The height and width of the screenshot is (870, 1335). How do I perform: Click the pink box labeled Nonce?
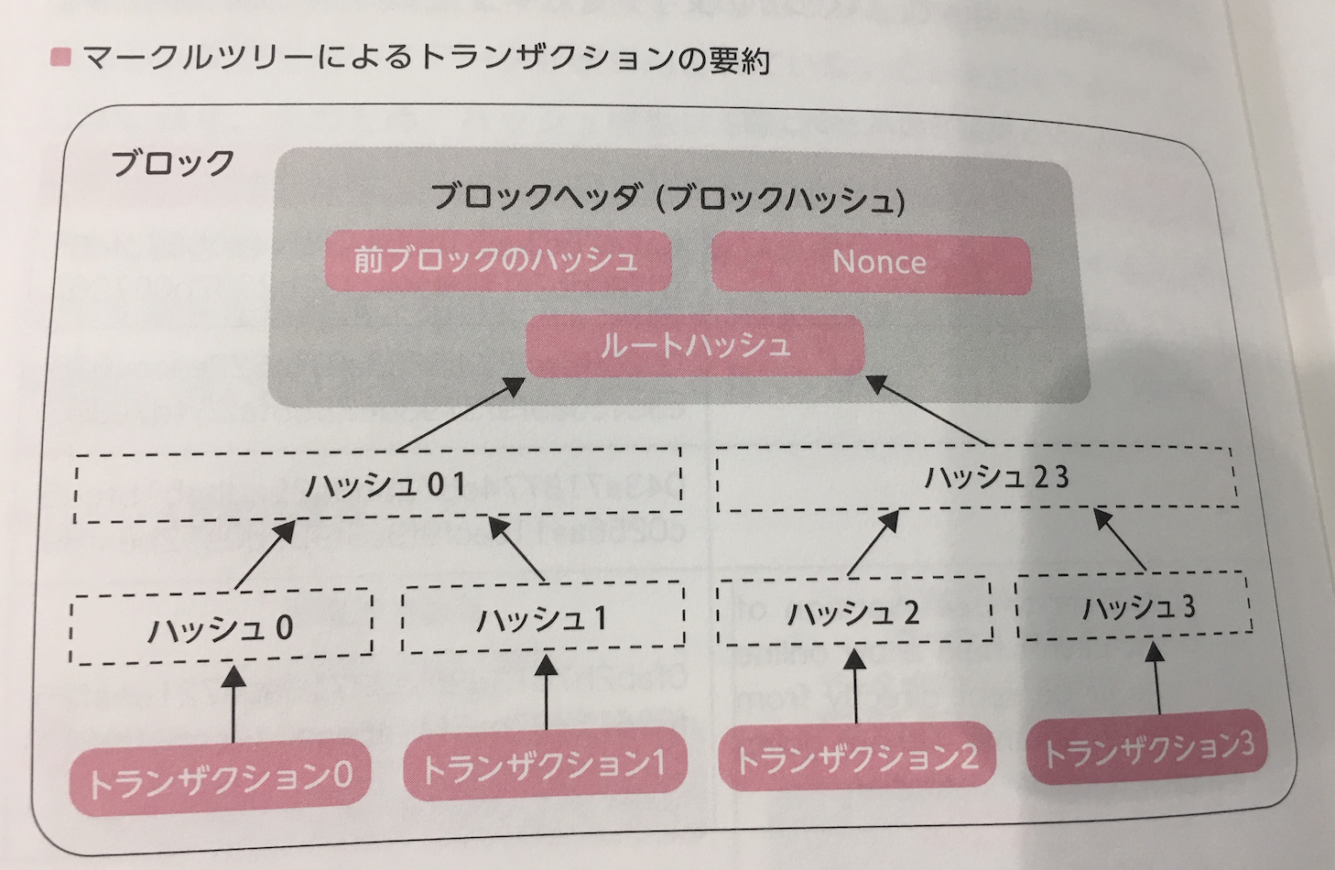point(871,263)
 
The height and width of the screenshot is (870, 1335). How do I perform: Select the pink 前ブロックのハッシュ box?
point(496,261)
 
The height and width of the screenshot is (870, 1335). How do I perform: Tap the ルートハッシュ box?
point(695,345)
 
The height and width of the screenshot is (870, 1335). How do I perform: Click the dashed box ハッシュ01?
point(377,485)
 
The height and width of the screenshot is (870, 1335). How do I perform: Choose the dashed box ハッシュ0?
point(221,627)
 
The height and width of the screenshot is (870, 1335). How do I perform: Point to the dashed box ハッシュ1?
point(542,618)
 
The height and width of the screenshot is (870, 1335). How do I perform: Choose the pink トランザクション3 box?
point(1148,751)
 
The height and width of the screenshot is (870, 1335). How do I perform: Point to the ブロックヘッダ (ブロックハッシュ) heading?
point(667,199)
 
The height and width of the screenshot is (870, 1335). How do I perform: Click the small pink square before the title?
point(60,59)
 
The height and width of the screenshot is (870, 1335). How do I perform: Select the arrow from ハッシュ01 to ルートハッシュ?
point(462,415)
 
